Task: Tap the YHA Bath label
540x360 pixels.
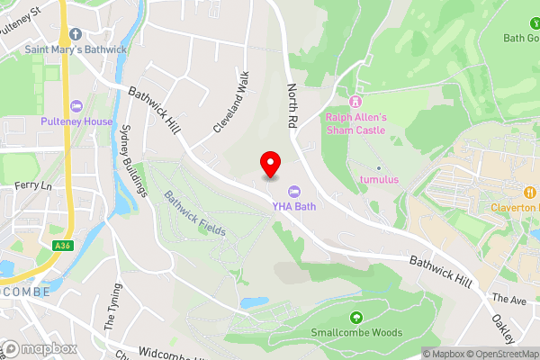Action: [x=294, y=206]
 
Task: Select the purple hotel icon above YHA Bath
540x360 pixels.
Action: [x=294, y=191]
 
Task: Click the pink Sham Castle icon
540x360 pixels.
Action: [x=355, y=101]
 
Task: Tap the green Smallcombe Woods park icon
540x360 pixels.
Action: [x=355, y=317]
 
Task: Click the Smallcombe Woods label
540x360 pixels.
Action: [x=355, y=332]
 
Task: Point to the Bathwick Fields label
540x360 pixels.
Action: [x=194, y=213]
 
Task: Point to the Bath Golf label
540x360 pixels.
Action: [x=521, y=39]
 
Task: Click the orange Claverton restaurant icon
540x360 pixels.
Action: [x=530, y=192]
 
